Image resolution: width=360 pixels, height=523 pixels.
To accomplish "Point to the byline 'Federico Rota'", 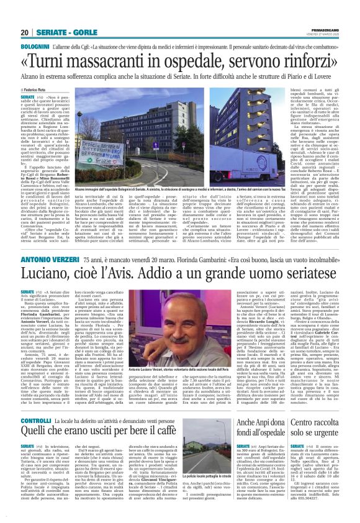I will (42, 91).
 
